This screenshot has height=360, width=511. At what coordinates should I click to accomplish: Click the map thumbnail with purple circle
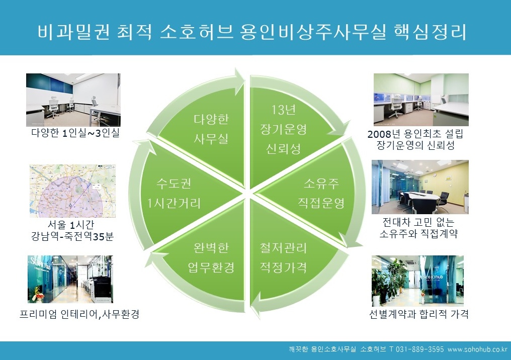point(72,191)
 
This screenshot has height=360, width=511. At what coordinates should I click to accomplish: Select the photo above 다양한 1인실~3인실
point(73,100)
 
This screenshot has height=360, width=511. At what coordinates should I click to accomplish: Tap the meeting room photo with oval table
point(420,187)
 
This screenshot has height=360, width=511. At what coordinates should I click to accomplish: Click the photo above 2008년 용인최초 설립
point(421,100)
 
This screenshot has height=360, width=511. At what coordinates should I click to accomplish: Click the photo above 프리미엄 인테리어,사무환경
point(70,279)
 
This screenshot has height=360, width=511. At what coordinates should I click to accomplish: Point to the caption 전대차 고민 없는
point(419,222)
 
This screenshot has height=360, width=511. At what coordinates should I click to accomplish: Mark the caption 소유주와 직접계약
point(419,234)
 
